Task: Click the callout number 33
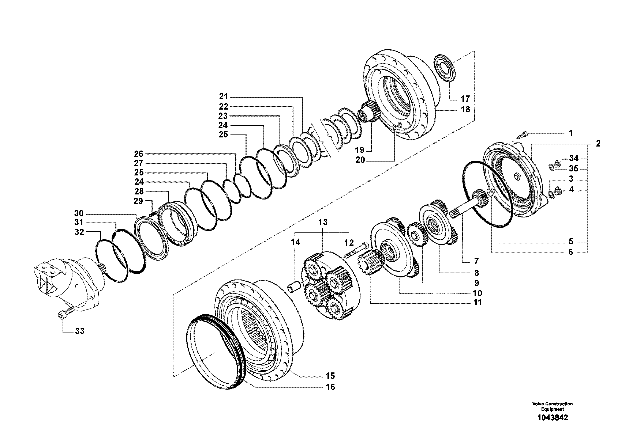point(79,331)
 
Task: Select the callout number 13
point(323,222)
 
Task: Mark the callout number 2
point(598,144)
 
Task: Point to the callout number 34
point(574,158)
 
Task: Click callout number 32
point(79,232)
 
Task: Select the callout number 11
point(477,303)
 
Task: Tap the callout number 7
point(476,261)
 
